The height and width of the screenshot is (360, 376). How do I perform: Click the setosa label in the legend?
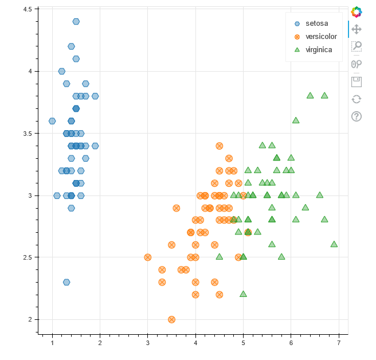(317, 24)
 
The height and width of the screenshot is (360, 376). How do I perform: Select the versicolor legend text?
(321, 37)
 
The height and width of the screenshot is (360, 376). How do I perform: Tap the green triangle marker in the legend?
(297, 50)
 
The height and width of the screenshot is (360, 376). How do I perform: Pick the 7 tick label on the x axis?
(339, 343)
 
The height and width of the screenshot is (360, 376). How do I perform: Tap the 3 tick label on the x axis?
(148, 343)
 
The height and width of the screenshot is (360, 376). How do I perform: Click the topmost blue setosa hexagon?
(76, 22)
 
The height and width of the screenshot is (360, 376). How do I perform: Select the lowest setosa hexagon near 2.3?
(66, 282)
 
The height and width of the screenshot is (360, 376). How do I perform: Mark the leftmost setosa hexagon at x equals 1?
(52, 121)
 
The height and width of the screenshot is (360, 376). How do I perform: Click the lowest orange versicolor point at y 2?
(171, 319)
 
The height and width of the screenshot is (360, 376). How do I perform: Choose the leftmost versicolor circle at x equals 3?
(148, 257)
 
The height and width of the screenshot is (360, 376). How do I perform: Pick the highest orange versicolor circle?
(219, 146)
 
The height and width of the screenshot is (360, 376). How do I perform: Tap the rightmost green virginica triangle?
(334, 244)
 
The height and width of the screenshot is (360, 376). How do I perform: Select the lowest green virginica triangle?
(243, 294)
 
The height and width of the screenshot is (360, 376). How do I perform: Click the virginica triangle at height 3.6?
(296, 120)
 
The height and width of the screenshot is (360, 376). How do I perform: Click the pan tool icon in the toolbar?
(357, 29)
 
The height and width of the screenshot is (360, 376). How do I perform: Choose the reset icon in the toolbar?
(357, 99)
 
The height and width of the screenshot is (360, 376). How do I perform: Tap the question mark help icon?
(357, 116)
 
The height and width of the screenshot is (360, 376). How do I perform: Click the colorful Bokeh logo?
(357, 11)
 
